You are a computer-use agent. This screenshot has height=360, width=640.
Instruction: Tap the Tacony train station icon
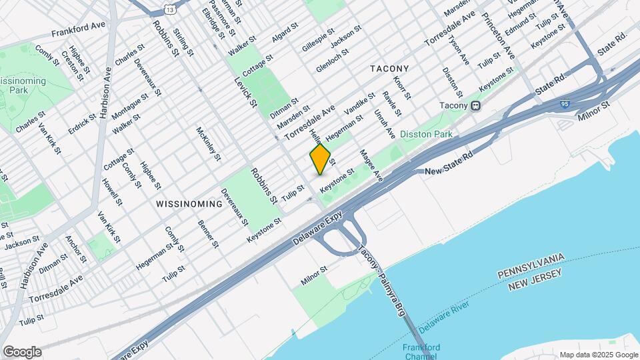coord(476,106)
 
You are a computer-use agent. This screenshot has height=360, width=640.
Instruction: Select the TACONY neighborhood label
coord(389,69)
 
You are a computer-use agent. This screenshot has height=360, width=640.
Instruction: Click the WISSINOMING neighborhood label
coord(189,203)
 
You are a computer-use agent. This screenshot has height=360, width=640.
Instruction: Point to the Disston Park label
coord(427,135)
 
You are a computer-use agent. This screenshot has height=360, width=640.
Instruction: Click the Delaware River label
coord(444,317)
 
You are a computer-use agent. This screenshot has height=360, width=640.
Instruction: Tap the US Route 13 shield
coord(172,9)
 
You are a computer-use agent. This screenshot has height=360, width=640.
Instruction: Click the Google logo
coord(22,351)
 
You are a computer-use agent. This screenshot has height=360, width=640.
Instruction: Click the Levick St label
coord(245,91)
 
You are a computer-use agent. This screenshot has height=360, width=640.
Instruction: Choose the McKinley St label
coord(208,143)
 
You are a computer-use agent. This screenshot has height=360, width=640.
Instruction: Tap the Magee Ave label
coord(371,165)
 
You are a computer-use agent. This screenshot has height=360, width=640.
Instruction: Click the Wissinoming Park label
coord(23,86)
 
